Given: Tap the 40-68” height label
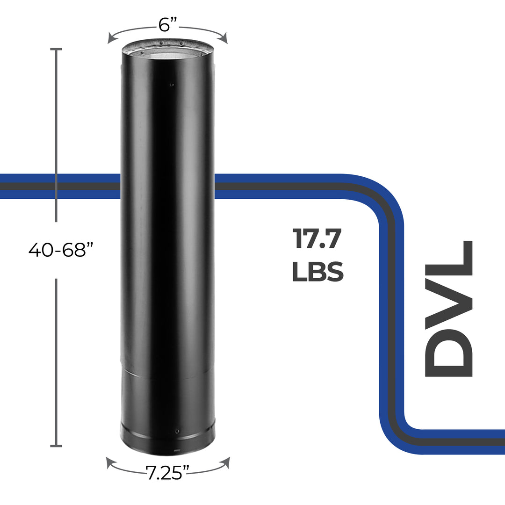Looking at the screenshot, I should click(x=58, y=250).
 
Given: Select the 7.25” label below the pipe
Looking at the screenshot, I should click(x=168, y=473).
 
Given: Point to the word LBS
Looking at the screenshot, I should click(x=318, y=272).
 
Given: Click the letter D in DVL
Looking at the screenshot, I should click(x=449, y=349).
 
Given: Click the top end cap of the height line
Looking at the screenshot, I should click(x=56, y=49).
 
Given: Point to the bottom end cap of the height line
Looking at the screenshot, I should click(x=56, y=446).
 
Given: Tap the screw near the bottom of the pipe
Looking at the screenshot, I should click(x=177, y=431).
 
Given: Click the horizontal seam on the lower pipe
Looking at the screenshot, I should click(x=167, y=372).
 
